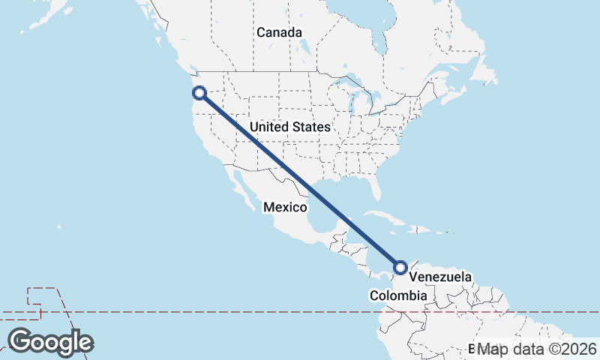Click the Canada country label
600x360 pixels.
tap(279, 33)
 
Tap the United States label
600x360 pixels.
tap(290, 127)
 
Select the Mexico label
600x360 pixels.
tap(285, 207)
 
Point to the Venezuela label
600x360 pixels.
tap(440, 277)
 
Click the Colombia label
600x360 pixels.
tap(398, 296)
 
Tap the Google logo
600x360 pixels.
tap(50, 342)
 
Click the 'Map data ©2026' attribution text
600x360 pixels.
tap(537, 349)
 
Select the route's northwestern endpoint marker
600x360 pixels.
tap(199, 93)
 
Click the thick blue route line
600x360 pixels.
tap(300, 180)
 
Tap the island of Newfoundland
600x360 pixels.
tap(487, 76)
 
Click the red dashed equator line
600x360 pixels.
tap(225, 311)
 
